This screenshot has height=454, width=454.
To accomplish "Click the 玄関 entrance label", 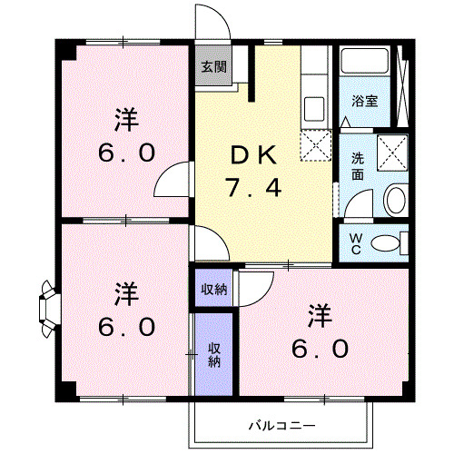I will pos(214,66).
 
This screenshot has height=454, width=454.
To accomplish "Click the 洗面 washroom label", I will pos(359,165).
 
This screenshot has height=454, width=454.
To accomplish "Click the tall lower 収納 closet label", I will pos(214,354).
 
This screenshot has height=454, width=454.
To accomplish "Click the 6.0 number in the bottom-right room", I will pos(320,348).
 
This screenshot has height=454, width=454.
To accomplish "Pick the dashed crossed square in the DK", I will pos(318,144).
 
